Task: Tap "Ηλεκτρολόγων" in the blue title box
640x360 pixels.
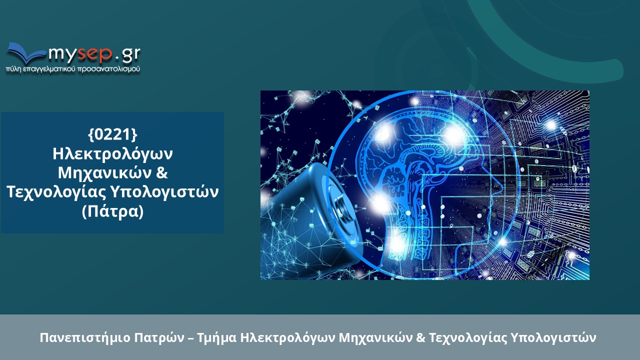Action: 112,153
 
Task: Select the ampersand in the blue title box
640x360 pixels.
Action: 161,173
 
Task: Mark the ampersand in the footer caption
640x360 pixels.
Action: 419,337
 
